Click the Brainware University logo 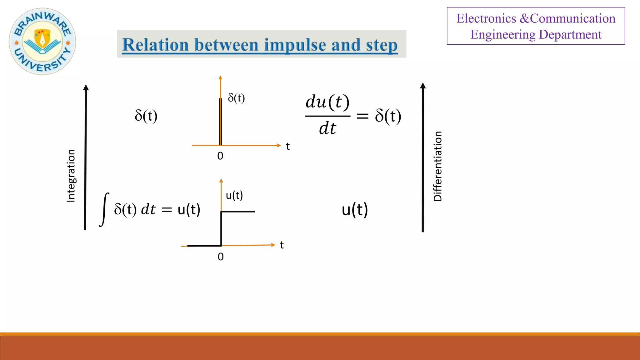42,41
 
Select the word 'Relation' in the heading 155,45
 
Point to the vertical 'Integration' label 71,176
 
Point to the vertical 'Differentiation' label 437,166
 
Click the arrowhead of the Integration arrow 86,87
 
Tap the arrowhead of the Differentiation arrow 423,86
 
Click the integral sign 104,209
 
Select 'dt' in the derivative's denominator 327,128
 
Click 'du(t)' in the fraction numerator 327,102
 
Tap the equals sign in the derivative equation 362,116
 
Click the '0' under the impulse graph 220,156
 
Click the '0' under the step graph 221,257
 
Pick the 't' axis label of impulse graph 288,146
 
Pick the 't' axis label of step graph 282,245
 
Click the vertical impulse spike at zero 220,122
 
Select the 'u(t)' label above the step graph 234,195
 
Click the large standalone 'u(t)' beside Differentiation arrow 355,210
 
